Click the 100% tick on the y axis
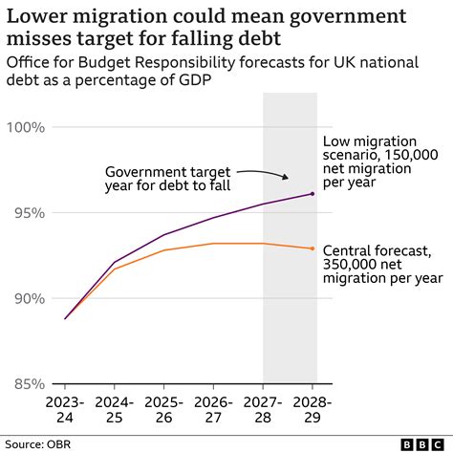click(24, 127)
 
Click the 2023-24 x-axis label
click(65, 410)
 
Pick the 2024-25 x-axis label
click(115, 410)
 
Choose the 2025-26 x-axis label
click(164, 410)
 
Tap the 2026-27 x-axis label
click(214, 410)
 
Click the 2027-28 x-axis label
click(264, 410)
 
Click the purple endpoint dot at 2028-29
click(313, 194)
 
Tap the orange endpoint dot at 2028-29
click(313, 248)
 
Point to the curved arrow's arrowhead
click(285, 178)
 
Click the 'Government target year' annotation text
click(167, 178)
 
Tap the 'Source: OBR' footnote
click(39, 443)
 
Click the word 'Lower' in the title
click(39, 16)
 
